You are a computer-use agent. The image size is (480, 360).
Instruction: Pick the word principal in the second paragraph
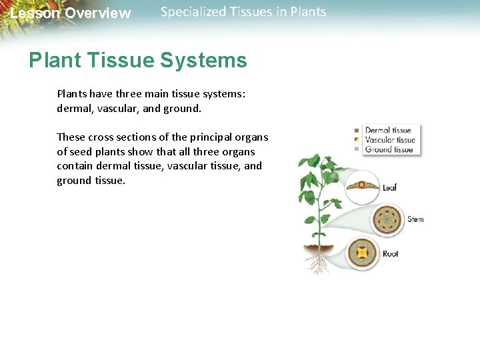pos(213,137)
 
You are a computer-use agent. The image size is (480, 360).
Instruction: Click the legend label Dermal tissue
pos(388,131)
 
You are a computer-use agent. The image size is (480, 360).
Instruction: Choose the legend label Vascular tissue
pos(390,140)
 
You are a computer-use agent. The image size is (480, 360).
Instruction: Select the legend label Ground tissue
pos(389,149)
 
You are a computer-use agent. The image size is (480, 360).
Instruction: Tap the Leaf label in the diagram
pos(390,187)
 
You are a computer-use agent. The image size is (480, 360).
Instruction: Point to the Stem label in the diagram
pos(415,219)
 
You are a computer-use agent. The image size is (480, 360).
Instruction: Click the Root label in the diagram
pos(391,253)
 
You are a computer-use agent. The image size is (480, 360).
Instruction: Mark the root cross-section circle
pos(363,253)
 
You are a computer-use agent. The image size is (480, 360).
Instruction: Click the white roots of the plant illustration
pos(319,263)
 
